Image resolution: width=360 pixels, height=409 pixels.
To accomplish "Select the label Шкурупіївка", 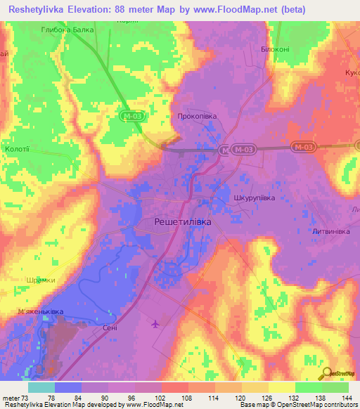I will point(254,199).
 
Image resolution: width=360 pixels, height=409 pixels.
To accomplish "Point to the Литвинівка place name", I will point(333,231).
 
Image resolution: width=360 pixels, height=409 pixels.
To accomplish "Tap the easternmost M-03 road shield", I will point(304,146).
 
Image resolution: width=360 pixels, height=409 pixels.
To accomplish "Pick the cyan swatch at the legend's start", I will point(41,387).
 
